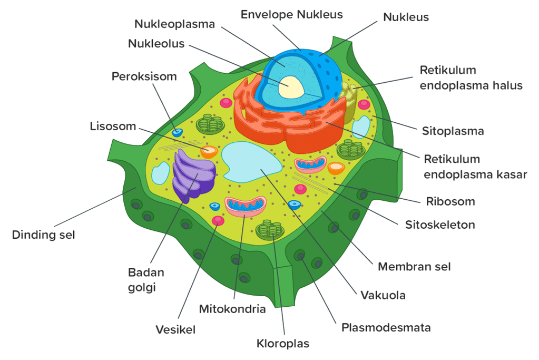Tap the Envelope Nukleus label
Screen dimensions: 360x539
point(291,14)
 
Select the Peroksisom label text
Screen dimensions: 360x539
point(144,76)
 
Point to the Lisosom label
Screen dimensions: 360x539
point(113,127)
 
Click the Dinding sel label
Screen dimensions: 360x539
point(43,235)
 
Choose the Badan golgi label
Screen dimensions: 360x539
point(146,279)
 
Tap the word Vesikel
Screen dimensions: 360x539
point(175,330)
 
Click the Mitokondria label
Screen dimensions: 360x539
point(232,309)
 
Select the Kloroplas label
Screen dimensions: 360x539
point(283,344)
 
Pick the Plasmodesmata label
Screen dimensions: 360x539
point(386,327)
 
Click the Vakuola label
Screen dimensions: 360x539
point(383,295)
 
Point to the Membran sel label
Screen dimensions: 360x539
point(414,266)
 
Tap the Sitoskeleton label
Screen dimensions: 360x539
point(440,225)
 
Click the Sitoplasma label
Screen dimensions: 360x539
point(453,131)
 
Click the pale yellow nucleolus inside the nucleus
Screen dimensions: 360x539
point(291,87)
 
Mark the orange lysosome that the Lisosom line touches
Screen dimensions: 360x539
point(209,152)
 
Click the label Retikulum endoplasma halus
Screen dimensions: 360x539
point(471,77)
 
